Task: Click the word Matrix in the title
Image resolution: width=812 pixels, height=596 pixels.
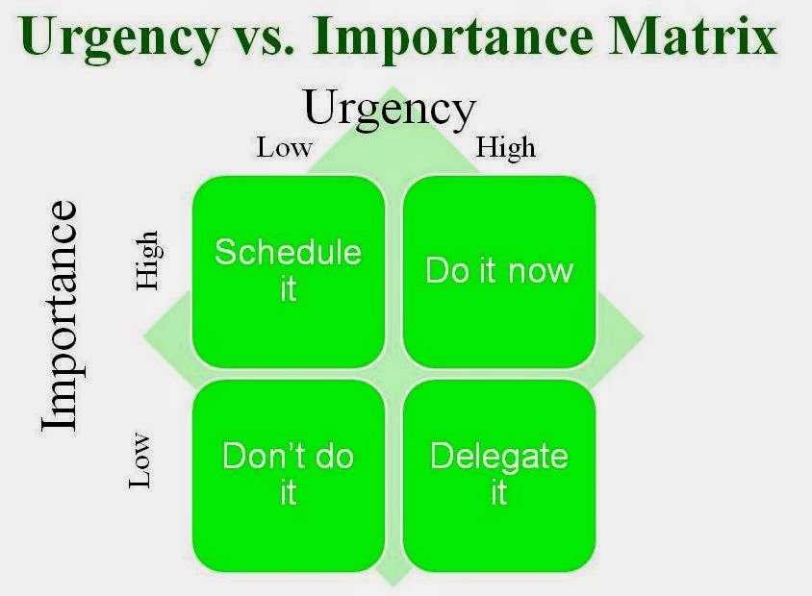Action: (x=693, y=37)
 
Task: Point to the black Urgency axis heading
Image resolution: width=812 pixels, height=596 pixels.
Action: (x=390, y=110)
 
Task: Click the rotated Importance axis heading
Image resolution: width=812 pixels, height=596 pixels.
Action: (x=61, y=316)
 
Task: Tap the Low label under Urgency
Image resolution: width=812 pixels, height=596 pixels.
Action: (x=285, y=147)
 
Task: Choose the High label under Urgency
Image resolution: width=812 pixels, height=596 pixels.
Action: (x=505, y=148)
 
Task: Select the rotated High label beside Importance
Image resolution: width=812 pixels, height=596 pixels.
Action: (x=147, y=261)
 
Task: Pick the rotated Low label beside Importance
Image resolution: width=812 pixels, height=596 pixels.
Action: (x=140, y=459)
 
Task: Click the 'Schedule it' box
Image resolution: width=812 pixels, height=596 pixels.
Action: (x=289, y=272)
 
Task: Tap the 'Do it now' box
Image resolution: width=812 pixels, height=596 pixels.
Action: (x=499, y=272)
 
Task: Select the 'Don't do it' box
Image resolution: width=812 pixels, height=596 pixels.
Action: (x=289, y=476)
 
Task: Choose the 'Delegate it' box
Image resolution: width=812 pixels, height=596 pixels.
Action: (x=499, y=476)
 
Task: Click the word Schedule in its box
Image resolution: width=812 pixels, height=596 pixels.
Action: (x=288, y=252)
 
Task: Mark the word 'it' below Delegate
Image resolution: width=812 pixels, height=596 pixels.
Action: (x=498, y=492)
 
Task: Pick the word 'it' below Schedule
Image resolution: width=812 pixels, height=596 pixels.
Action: (x=289, y=288)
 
